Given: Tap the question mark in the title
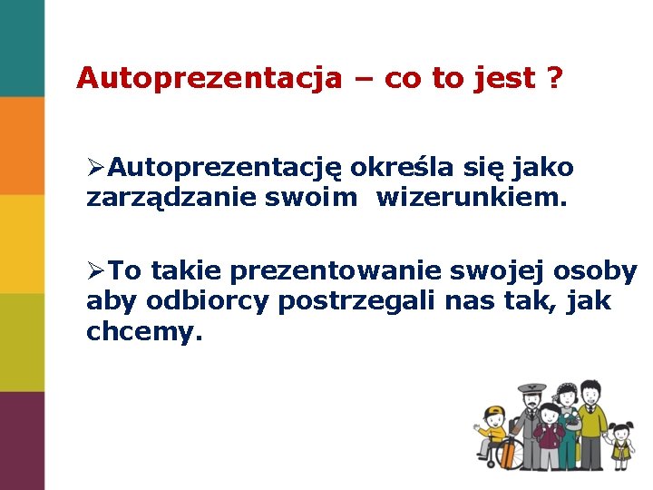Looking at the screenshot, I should click(553, 78).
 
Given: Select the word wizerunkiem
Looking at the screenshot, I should click(471, 197).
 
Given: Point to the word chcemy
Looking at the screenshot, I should click(140, 332).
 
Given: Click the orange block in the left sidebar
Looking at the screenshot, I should click(22, 145).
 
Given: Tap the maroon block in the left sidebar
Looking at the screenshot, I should click(22, 440).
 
